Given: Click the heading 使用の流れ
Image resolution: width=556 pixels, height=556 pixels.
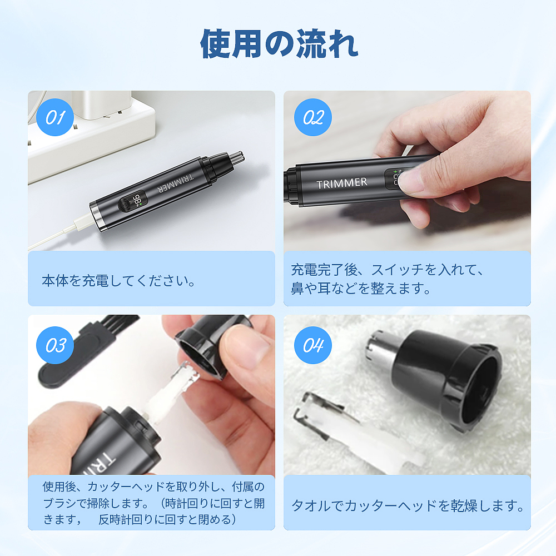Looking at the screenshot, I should (x=279, y=44).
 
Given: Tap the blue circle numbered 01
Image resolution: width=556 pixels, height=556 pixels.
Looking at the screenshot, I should (x=55, y=117).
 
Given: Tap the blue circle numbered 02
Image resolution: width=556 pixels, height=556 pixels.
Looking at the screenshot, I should (x=313, y=117).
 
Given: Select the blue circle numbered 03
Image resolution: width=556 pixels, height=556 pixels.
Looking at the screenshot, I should (x=55, y=345).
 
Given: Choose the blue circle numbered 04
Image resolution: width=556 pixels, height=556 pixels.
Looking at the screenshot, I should (x=313, y=345).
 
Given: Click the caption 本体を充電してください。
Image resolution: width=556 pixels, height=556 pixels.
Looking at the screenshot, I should (x=118, y=280).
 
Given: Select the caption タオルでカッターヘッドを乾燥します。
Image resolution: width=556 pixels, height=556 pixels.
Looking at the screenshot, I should (x=408, y=506).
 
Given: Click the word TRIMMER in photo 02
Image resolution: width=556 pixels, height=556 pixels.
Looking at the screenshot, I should (x=341, y=183).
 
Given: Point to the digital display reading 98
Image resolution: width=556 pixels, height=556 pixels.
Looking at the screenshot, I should (x=137, y=201).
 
